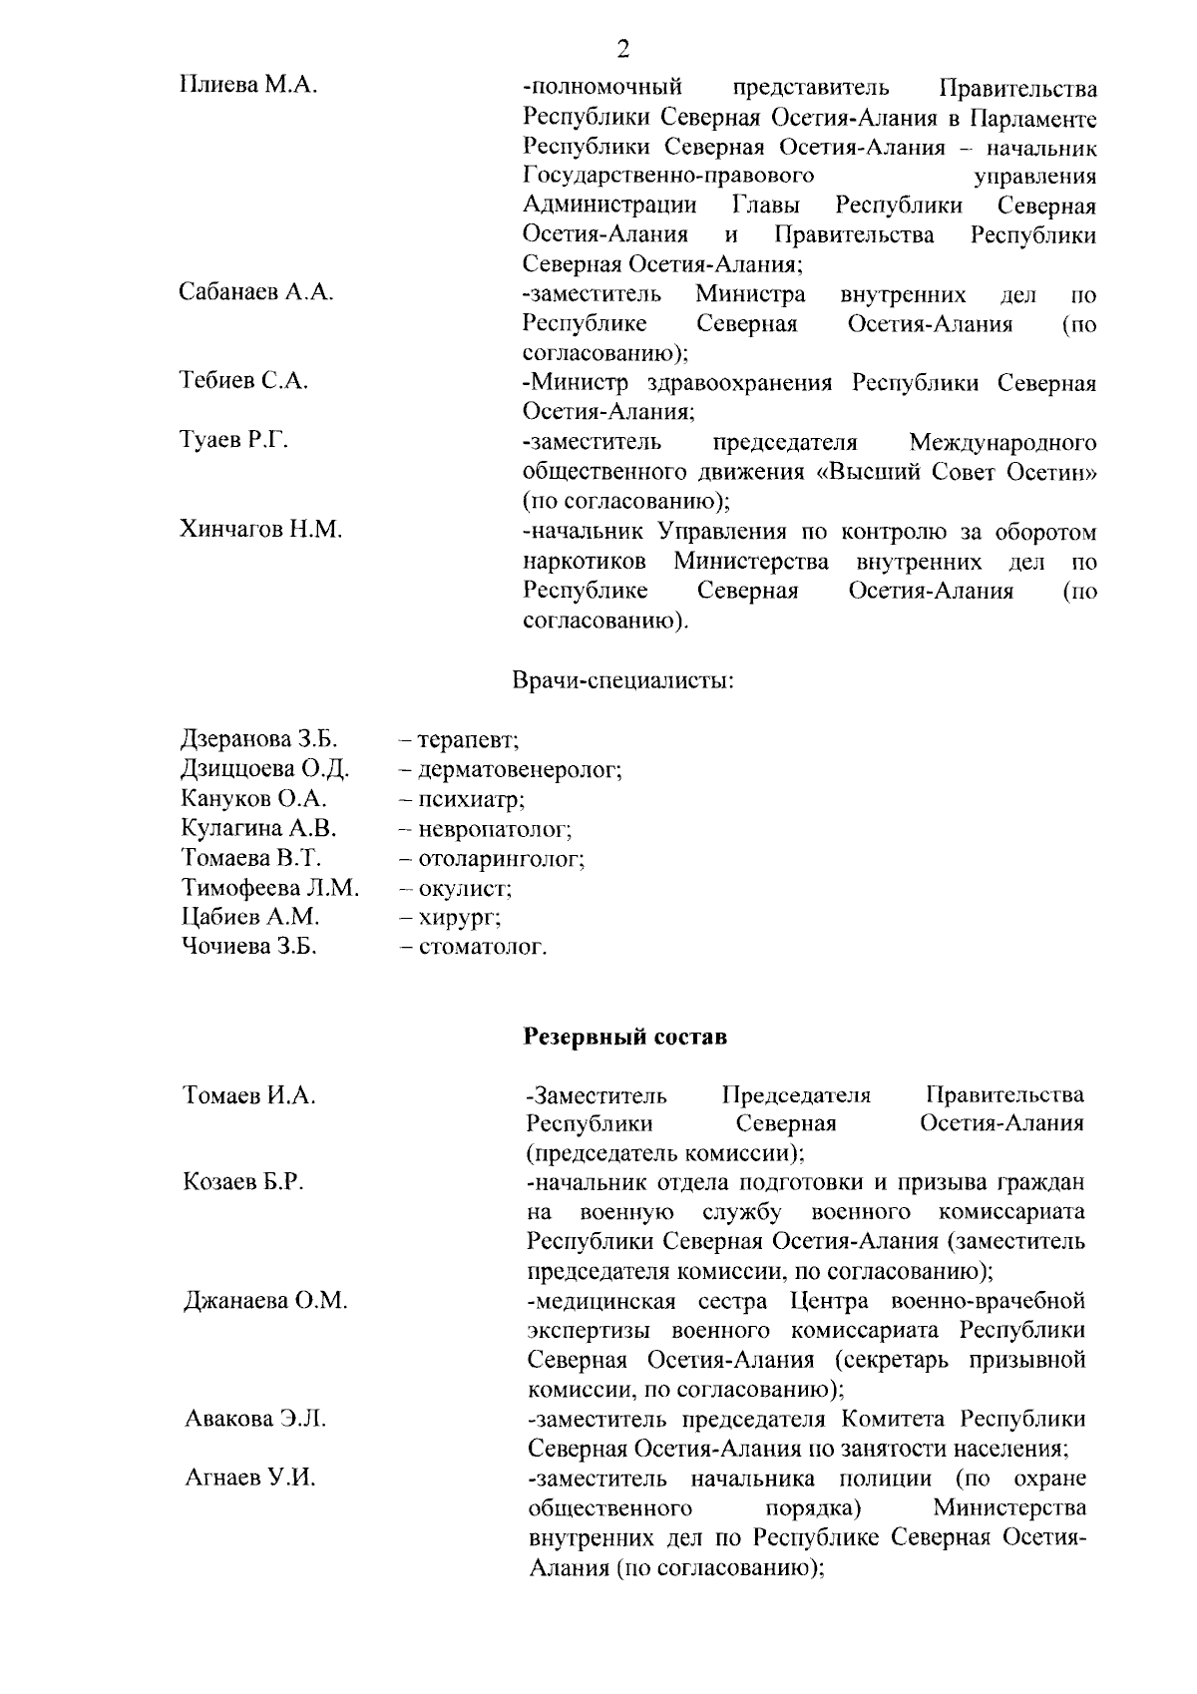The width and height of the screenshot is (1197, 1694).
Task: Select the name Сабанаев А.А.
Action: click(256, 292)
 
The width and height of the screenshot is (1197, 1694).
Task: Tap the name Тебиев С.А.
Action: click(244, 380)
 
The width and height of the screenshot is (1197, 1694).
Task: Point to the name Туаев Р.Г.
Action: click(234, 440)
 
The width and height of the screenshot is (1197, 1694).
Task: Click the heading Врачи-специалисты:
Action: click(623, 681)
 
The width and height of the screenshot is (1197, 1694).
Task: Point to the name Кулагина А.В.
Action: click(259, 828)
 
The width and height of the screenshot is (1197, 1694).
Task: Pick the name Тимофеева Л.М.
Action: click(270, 887)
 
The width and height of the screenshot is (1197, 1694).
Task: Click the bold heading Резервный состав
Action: click(625, 1037)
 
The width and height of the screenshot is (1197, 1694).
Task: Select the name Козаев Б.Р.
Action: click(244, 1182)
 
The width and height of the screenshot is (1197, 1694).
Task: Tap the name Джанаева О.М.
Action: click(266, 1301)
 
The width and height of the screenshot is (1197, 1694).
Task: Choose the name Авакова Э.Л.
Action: click(256, 1418)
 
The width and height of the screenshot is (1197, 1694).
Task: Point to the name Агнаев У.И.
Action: click(250, 1478)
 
